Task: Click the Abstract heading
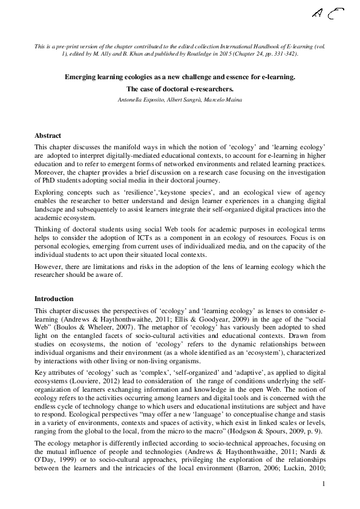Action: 48,135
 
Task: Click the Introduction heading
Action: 54,299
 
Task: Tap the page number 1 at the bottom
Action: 324,484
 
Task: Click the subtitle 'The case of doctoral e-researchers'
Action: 180,89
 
